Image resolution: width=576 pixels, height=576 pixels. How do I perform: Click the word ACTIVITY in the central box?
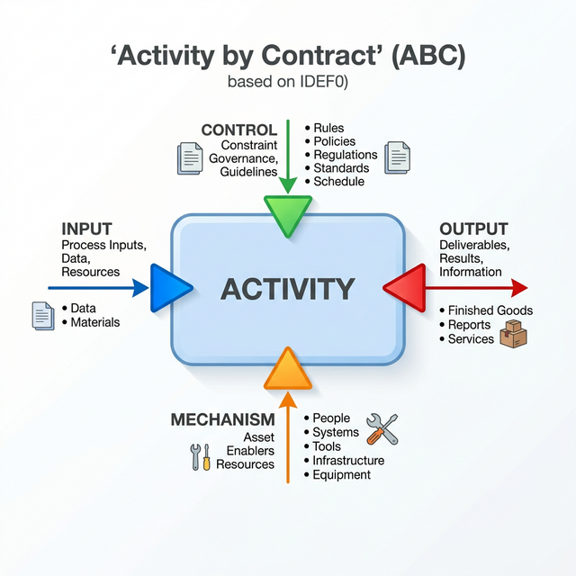[288, 289]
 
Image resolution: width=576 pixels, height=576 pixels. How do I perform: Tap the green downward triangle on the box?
[288, 215]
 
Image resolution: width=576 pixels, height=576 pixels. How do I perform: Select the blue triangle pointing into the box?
[171, 288]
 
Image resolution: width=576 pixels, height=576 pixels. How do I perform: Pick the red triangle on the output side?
[405, 288]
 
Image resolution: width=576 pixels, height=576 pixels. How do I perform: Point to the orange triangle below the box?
[288, 370]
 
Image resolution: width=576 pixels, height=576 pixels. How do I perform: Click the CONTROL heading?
[239, 130]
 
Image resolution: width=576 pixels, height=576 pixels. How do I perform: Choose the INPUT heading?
[86, 229]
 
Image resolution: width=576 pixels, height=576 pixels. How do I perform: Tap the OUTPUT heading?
[474, 229]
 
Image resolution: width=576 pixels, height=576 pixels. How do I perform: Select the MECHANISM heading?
[222, 419]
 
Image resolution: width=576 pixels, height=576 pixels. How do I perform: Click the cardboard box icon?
[514, 334]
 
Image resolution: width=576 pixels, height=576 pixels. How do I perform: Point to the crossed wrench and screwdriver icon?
[382, 429]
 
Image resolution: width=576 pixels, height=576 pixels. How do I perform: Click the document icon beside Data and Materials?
[43, 316]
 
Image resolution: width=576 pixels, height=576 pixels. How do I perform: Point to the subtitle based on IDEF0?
[288, 82]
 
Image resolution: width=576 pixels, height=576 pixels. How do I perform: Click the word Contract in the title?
[319, 56]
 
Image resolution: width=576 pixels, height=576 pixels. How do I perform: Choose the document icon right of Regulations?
[398, 157]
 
